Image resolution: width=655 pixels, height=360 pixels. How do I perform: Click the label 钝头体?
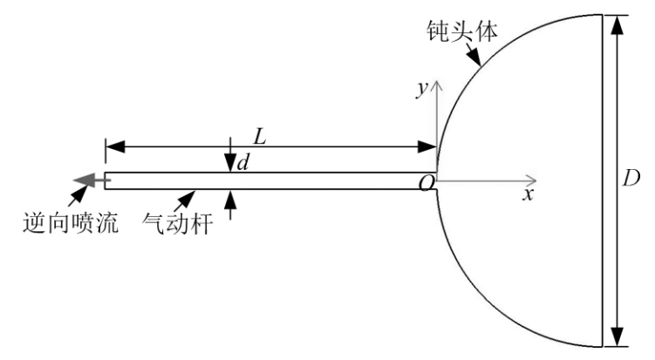click(x=462, y=31)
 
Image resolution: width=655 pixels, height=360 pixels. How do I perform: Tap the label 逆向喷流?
click(x=71, y=222)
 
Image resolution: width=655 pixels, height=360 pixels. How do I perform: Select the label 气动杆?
click(x=178, y=223)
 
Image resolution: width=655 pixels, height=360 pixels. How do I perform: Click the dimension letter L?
click(x=260, y=137)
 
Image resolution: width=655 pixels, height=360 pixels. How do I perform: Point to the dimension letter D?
click(x=631, y=179)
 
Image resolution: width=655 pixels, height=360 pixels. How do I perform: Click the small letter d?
click(x=243, y=162)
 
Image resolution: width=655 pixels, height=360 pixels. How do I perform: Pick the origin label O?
click(x=426, y=183)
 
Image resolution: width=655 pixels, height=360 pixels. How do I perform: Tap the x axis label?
click(x=529, y=194)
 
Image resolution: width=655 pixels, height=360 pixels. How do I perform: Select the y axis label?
click(x=423, y=89)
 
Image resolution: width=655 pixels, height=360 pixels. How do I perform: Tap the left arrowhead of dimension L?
click(x=115, y=147)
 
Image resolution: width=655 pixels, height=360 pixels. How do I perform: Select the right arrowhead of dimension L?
click(x=426, y=147)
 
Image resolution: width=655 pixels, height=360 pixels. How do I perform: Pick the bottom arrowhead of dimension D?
click(x=617, y=337)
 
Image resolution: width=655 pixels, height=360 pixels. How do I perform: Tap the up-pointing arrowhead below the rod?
click(x=230, y=199)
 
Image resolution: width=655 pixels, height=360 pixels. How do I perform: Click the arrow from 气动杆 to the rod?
click(x=185, y=200)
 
